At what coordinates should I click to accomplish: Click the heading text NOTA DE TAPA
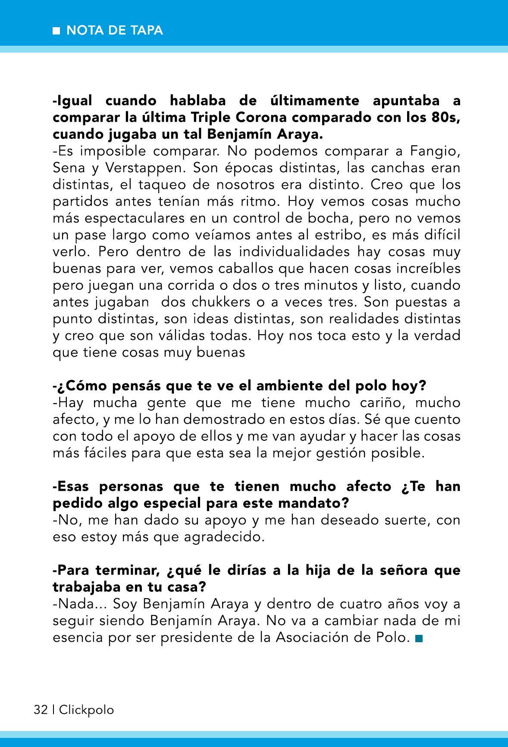click(x=115, y=31)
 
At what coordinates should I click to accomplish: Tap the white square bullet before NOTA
click(x=56, y=31)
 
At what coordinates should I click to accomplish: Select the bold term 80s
click(x=445, y=117)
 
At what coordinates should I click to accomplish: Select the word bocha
click(x=327, y=218)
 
